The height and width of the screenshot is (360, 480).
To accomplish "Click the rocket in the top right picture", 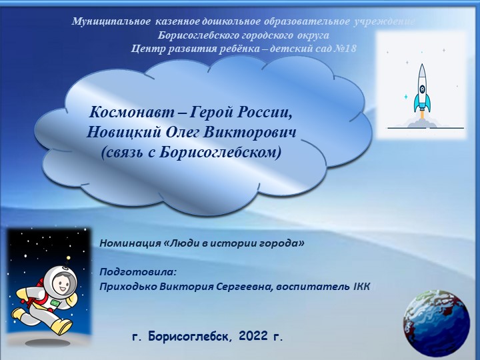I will point(421,90).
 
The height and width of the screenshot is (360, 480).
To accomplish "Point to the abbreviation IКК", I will point(360,286).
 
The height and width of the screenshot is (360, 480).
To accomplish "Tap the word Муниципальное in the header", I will point(111,22).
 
